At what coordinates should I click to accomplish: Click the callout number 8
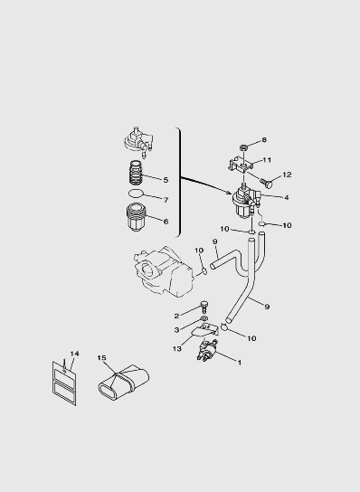(x=264, y=139)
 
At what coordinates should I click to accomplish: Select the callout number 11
(x=267, y=160)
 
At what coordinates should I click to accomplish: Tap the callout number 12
(x=287, y=175)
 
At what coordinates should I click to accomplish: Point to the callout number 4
(x=286, y=197)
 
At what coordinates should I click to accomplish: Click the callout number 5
(x=166, y=180)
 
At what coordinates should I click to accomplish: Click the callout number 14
(x=74, y=354)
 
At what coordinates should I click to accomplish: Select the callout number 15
(x=101, y=358)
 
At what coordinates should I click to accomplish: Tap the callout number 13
(x=177, y=348)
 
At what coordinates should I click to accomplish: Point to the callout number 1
(x=240, y=363)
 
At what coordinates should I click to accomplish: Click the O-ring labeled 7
(x=136, y=194)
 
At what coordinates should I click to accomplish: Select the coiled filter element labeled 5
(x=137, y=174)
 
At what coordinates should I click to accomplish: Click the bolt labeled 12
(x=266, y=183)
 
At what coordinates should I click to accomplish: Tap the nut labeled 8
(x=243, y=147)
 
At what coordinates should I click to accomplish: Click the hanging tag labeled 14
(x=64, y=383)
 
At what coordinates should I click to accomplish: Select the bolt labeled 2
(x=204, y=306)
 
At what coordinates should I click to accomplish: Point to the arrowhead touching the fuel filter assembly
(x=231, y=193)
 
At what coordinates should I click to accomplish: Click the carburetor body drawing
(x=163, y=271)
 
